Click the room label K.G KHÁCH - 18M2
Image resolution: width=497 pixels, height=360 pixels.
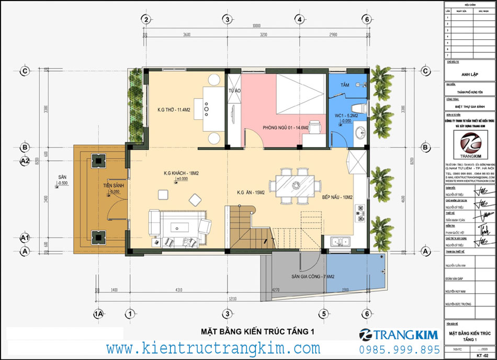(181, 173)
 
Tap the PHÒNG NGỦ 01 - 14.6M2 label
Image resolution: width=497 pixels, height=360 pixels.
(285, 127)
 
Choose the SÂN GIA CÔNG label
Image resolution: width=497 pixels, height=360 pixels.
(312, 276)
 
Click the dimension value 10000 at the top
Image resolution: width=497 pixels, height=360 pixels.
(256, 27)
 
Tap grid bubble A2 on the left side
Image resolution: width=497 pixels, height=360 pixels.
(25, 161)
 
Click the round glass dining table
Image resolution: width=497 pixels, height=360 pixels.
(295, 185)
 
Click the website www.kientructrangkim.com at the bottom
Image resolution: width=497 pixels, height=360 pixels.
(213, 348)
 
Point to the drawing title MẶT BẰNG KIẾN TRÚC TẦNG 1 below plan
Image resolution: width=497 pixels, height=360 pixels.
(258, 332)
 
